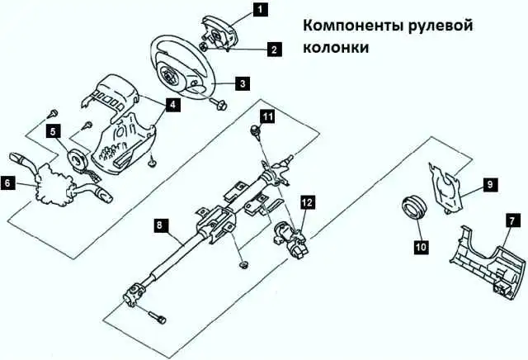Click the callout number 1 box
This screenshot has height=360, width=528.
260,9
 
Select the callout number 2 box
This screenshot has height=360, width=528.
275,50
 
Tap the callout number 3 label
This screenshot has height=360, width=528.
243,83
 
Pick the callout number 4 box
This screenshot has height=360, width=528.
172,105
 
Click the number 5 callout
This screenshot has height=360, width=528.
53,131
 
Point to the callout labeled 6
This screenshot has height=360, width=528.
8,183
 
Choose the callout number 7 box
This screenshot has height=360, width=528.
512,221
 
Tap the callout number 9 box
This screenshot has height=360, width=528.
490,184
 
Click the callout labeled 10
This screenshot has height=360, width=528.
421,247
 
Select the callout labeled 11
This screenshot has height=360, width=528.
267,117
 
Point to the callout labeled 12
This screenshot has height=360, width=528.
307,202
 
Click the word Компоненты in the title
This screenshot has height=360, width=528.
354,26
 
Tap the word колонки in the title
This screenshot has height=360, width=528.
336,48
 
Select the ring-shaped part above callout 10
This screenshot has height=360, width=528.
414,206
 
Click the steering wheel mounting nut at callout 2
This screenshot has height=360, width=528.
204,47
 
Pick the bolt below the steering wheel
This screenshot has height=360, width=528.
219,104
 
